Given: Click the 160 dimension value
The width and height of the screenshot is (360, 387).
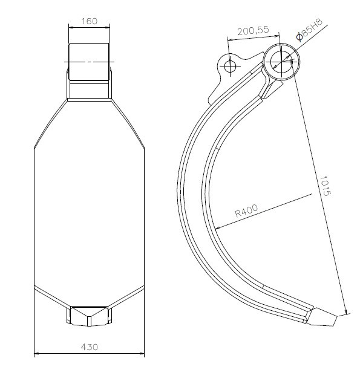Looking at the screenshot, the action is tap(90, 21).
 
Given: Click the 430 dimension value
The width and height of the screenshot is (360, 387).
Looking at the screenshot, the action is tap(90, 347).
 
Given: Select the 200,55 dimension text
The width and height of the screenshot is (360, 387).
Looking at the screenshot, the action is tap(253, 31).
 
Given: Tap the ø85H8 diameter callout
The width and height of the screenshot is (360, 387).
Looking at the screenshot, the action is tap(309, 30).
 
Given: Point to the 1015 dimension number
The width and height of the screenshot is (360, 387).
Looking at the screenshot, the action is tap(325, 186).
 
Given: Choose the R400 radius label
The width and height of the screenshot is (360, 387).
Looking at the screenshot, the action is tap(246, 210).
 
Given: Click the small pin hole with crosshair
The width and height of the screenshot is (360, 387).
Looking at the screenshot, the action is tap(230, 67).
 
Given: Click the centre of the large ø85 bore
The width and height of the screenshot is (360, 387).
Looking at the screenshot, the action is tap(281, 62).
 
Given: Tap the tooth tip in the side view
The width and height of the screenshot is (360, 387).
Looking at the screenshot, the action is tap(336, 317).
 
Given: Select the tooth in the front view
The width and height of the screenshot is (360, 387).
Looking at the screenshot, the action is tap(89, 316).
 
